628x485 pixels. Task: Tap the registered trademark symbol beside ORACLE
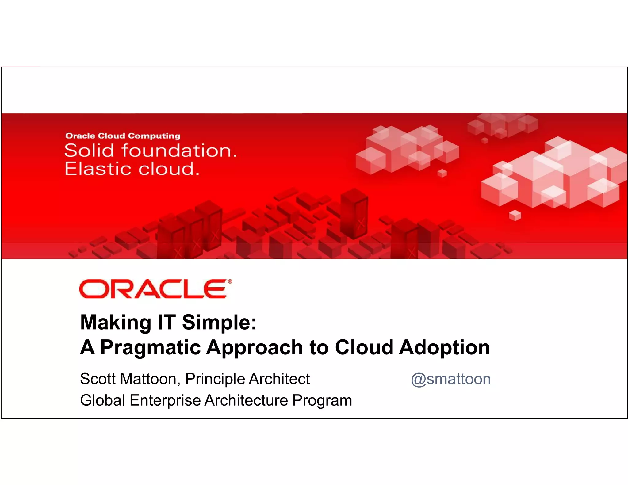point(230,281)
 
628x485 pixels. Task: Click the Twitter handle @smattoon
point(451,379)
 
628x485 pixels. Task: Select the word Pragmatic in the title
point(150,348)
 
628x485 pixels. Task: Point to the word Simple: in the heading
point(219,323)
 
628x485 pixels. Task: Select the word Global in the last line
point(102,400)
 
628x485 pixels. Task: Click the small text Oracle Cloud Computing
point(123,136)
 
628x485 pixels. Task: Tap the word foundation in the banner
point(179,151)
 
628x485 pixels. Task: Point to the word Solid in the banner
point(89,151)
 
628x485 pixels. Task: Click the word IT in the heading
point(166,323)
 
